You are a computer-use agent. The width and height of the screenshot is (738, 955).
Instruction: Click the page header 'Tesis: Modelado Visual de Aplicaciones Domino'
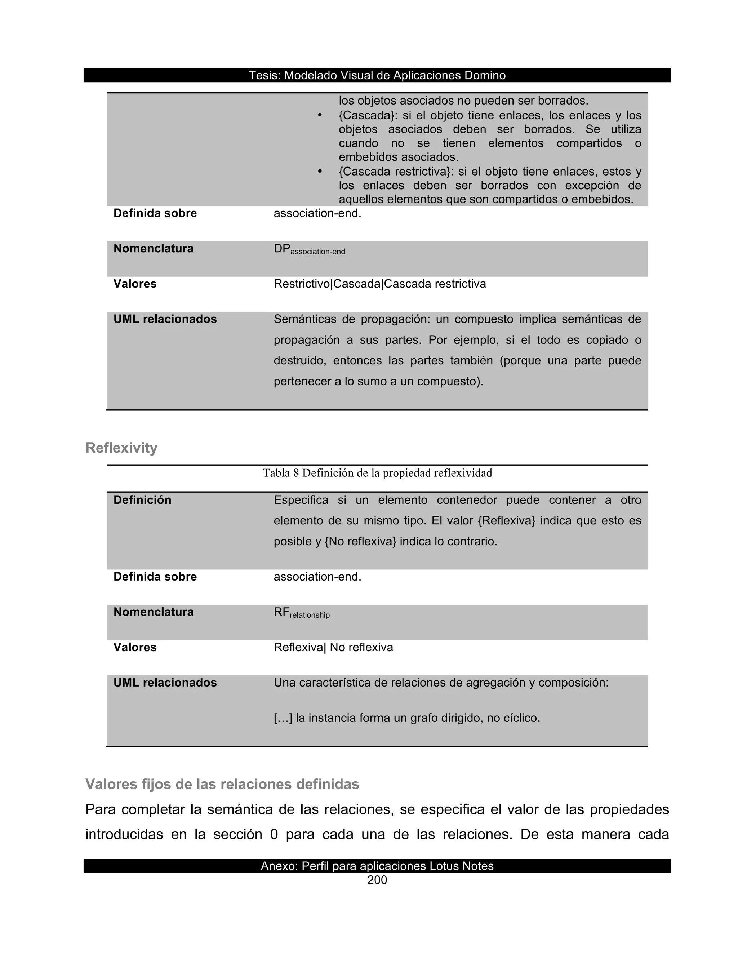[x=377, y=75]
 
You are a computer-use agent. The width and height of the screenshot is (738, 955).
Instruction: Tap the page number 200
[x=377, y=880]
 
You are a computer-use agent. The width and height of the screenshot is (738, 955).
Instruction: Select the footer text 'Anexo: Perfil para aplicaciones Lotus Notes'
[x=377, y=866]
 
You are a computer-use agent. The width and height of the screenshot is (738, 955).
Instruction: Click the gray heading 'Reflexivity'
[x=121, y=448]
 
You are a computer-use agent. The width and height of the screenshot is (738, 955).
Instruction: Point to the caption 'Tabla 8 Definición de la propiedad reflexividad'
[x=377, y=473]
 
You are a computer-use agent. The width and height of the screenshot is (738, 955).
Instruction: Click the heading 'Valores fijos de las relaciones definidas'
[x=222, y=784]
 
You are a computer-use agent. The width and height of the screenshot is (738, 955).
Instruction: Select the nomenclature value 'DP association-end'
[x=309, y=250]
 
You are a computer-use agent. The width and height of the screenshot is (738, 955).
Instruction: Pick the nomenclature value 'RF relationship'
[x=302, y=613]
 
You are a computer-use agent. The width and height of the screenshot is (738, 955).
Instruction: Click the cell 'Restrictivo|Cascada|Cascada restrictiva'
[x=379, y=284]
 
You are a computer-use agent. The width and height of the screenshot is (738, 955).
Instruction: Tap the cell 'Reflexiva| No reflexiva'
[x=333, y=647]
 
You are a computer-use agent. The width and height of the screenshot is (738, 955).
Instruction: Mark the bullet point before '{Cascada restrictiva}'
[x=320, y=172]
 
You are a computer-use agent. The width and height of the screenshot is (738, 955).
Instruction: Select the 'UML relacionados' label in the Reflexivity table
[x=165, y=683]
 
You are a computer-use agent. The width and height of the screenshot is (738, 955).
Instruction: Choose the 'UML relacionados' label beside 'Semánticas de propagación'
[x=165, y=319]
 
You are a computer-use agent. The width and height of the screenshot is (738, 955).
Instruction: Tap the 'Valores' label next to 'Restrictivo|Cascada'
[x=135, y=284]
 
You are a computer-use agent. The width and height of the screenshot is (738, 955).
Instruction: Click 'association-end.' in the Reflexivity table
[x=317, y=577]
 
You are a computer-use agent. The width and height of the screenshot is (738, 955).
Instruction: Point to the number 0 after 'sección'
[x=274, y=834]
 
